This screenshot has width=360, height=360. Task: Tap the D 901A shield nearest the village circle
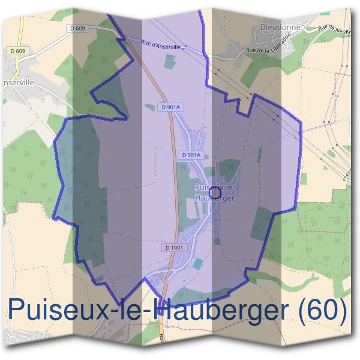pos(190,155)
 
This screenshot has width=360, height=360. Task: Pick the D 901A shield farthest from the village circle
pos(170,107)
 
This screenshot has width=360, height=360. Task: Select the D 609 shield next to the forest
pos(78,28)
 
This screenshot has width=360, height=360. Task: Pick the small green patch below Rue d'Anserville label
pos(171,61)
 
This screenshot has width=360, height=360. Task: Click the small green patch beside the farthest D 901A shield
pos(150,107)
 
